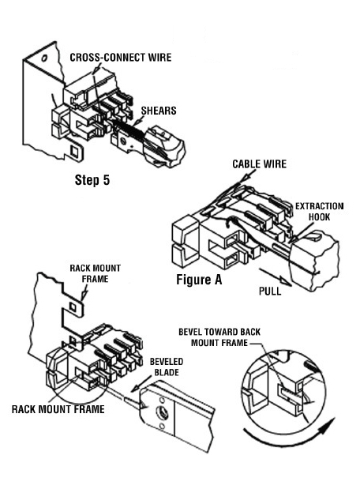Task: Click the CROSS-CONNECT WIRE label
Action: coord(121,57)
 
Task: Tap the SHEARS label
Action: coord(159,111)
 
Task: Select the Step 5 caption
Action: coord(92,179)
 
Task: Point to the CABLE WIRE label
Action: coord(259,164)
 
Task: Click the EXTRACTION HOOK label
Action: coord(319,212)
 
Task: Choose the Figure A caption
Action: coord(199,280)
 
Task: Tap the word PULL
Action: coord(270,291)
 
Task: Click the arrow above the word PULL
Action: coord(276,276)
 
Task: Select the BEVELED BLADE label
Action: coord(167,367)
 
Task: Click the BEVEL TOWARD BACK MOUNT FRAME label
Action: coord(219,337)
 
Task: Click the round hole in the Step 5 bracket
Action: coord(44,58)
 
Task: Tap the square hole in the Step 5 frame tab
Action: coord(75,150)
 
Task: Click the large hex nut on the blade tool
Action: coord(160,412)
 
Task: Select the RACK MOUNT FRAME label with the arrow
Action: coord(95,273)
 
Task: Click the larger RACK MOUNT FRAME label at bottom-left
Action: coord(58,409)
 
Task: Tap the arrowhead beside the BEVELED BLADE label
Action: coord(136,387)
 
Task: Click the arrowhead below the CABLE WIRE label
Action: coord(245,178)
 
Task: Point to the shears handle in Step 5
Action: coord(164,147)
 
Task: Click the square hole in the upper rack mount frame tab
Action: coord(73,307)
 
